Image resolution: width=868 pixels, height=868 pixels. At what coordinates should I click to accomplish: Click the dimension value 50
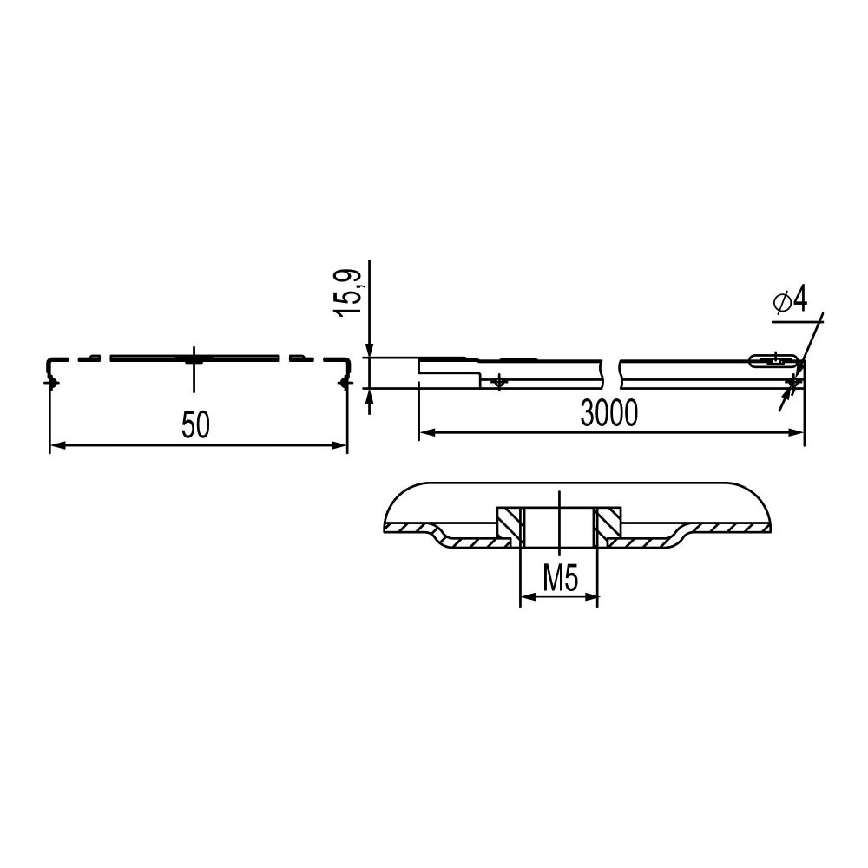196,425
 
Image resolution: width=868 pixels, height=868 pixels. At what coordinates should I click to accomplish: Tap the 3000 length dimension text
609,413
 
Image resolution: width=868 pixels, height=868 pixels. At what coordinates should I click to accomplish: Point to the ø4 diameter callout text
790,300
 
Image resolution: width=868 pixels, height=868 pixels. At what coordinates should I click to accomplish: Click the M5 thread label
560,579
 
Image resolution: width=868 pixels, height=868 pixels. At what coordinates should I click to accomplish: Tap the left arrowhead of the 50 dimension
57,444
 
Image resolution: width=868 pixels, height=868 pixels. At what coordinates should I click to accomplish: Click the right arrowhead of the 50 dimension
339,444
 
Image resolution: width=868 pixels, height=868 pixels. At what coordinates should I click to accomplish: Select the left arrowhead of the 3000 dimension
427,432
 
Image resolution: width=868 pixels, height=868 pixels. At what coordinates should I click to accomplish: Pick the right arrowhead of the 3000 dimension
796,432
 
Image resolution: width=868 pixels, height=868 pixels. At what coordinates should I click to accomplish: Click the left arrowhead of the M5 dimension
528,597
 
